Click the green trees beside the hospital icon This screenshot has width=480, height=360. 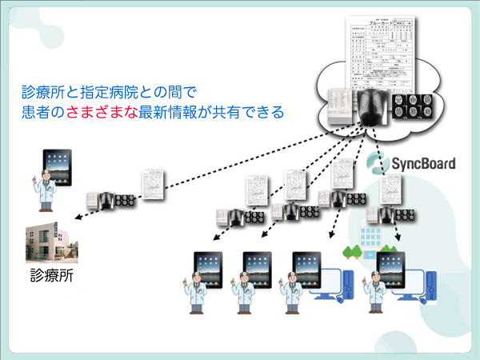coord(353,250)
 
